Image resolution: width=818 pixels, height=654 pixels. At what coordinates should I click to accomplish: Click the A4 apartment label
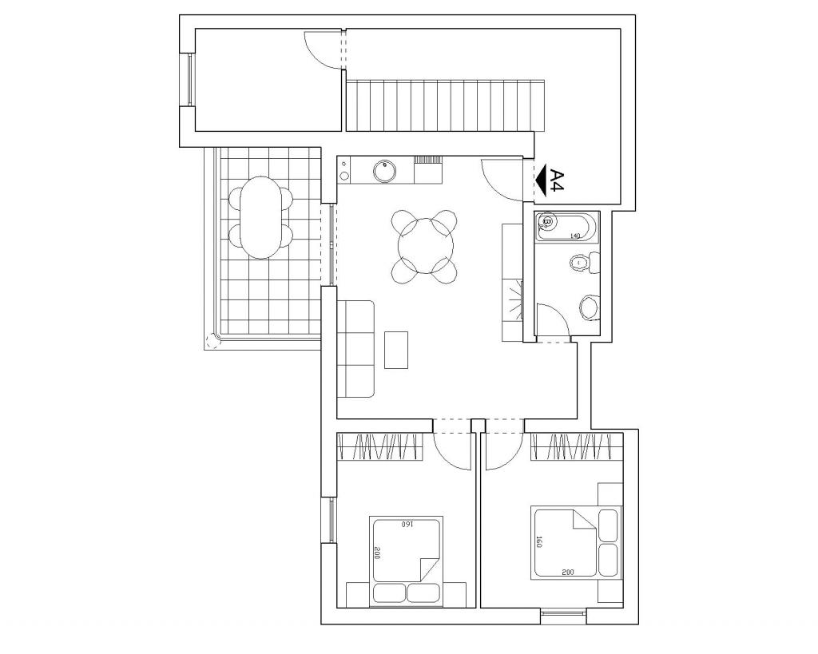click(557, 180)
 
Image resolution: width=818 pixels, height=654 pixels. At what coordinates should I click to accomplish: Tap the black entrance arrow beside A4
click(540, 180)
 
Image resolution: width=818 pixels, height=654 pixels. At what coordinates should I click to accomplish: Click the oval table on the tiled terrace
click(260, 217)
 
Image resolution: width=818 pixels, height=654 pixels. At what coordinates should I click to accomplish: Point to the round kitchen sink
click(384, 171)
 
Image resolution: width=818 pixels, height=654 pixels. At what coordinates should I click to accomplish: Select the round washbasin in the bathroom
click(589, 307)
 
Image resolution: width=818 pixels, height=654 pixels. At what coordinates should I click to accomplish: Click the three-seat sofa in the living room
click(355, 348)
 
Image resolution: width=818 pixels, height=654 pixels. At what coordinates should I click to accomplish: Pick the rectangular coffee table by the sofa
click(396, 350)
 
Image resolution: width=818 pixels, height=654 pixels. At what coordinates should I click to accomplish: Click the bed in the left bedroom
click(406, 561)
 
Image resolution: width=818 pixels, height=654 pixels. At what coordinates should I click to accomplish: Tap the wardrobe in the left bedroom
click(379, 446)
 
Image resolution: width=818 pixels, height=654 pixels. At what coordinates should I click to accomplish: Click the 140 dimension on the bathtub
click(575, 236)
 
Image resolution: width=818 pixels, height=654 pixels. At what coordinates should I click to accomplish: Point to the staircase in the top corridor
click(446, 105)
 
